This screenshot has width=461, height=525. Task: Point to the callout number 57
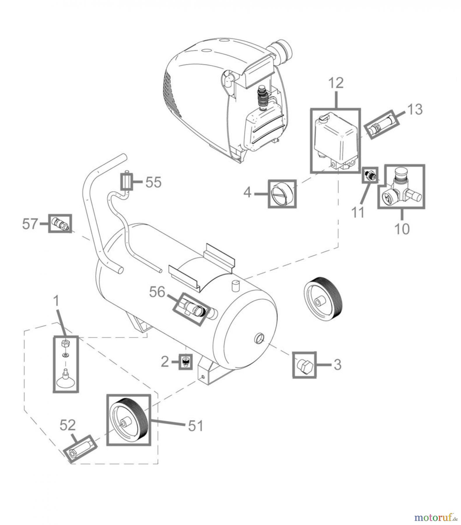(30, 224)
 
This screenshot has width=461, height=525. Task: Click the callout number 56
(157, 292)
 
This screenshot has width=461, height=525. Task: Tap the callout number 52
(68, 425)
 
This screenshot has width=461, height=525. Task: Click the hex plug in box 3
(304, 365)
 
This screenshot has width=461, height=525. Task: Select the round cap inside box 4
(282, 194)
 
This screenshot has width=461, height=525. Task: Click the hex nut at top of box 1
(65, 343)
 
